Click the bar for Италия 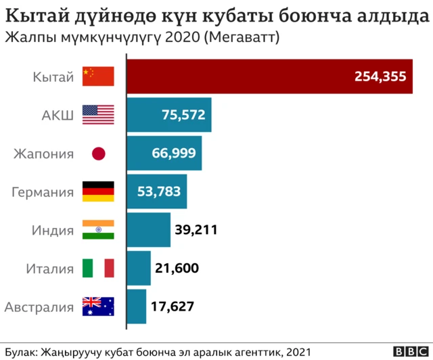(x=139, y=269)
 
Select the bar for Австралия (x=137, y=307)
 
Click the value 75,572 (x=183, y=115)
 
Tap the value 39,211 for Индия (x=196, y=230)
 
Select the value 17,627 (x=173, y=307)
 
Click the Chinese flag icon (x=98, y=76)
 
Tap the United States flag (x=98, y=115)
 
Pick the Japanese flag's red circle (x=99, y=154)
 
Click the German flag (x=98, y=192)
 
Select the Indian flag (x=98, y=230)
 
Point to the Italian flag (x=98, y=269)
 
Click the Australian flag (x=98, y=307)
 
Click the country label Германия (x=43, y=192)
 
